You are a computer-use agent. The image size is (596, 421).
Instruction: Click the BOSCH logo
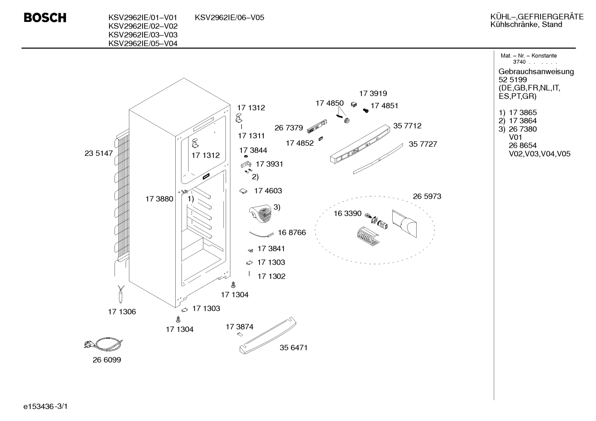tap(45, 17)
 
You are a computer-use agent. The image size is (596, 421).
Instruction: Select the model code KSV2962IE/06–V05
tap(229, 17)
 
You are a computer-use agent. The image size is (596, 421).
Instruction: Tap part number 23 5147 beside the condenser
tap(98, 153)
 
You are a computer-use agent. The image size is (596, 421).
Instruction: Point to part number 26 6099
tap(107, 360)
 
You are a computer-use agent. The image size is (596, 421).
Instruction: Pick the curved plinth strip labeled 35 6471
tap(268, 335)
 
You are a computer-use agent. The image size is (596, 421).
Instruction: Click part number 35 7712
tap(407, 126)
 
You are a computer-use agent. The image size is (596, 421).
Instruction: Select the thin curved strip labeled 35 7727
tap(378, 159)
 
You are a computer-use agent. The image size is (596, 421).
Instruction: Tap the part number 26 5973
tap(427, 196)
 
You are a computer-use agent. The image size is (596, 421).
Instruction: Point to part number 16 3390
tap(348, 213)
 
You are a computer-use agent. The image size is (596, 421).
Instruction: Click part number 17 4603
tap(268, 191)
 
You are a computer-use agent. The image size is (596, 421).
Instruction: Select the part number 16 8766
tap(292, 233)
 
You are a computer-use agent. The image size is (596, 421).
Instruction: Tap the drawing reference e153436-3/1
tap(45, 407)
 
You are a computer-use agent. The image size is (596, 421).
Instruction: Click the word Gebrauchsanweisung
tap(536, 71)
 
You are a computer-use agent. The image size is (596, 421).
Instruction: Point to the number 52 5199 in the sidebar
tap(513, 79)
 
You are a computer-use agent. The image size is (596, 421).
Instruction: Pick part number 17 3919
tap(373, 93)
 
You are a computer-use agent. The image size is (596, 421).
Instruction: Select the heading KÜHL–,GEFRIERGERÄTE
tap(537, 17)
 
